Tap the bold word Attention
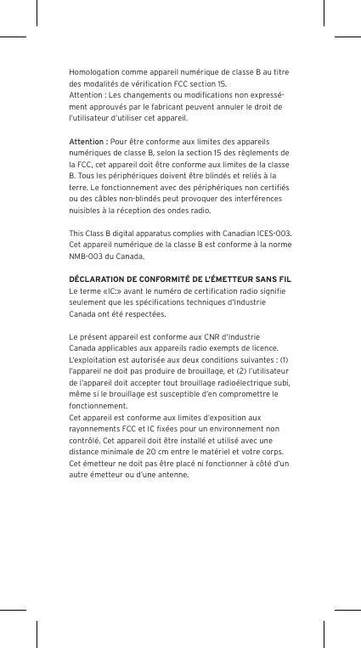(x=87, y=140)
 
